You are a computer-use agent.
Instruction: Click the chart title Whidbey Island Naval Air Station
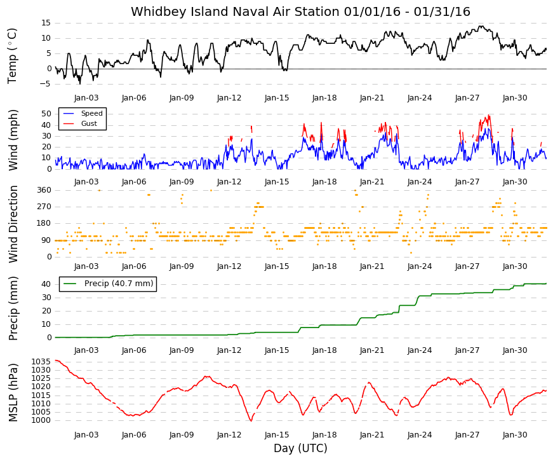[236, 11]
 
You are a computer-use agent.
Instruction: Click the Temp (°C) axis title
[12, 56]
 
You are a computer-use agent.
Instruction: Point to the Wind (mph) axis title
[13, 141]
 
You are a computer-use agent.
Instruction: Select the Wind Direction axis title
[13, 224]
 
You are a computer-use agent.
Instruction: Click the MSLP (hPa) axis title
[13, 393]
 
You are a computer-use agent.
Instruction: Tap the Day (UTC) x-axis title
[300, 448]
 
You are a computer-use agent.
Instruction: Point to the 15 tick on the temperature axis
[46, 23]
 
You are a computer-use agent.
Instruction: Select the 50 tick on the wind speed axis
[46, 114]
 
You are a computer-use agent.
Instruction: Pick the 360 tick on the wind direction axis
[44, 190]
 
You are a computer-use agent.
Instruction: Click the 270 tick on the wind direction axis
[44, 207]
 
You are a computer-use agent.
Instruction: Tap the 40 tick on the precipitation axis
[46, 284]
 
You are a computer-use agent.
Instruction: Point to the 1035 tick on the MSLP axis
[41, 362]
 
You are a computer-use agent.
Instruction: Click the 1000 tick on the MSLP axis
[41, 420]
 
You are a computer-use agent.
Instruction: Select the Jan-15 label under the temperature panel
[277, 98]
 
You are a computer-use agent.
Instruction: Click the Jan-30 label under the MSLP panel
[515, 435]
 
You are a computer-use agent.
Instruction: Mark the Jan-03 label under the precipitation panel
[86, 350]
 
